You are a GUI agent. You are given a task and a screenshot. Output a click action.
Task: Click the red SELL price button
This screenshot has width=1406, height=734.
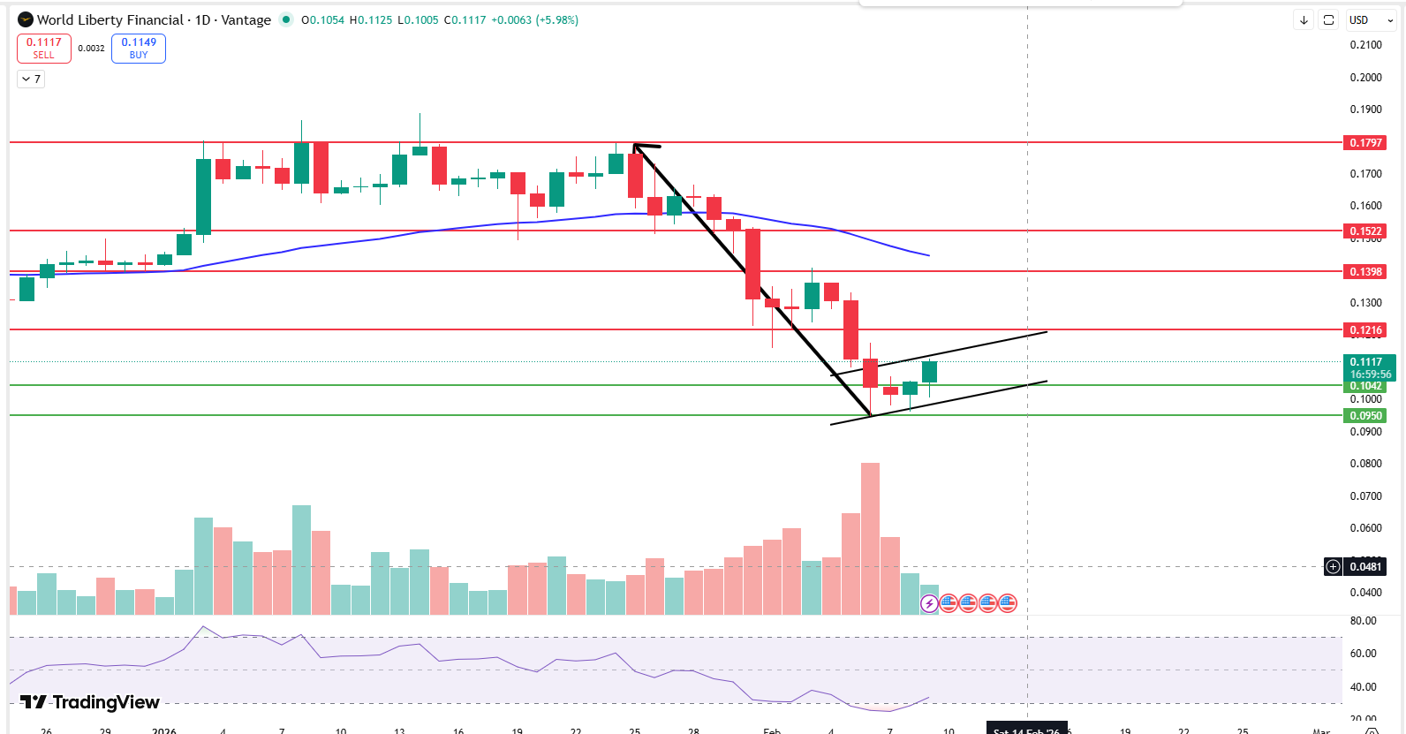tap(43, 49)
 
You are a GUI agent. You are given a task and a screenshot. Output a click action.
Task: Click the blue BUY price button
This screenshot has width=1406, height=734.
tap(139, 49)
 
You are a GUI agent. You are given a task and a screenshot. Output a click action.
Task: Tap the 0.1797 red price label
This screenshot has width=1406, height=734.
tap(1364, 143)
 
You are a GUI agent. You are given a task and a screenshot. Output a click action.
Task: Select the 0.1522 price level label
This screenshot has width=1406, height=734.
tap(1364, 231)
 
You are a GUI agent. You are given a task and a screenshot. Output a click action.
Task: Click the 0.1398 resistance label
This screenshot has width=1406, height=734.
tap(1364, 272)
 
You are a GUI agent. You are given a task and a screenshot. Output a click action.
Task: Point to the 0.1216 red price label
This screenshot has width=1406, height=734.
tap(1364, 330)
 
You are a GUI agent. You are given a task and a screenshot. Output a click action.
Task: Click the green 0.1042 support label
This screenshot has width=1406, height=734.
tap(1365, 386)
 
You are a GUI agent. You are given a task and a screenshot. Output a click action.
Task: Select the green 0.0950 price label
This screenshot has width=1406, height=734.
tap(1365, 416)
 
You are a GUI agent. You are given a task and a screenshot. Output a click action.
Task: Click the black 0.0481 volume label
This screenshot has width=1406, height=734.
tap(1365, 567)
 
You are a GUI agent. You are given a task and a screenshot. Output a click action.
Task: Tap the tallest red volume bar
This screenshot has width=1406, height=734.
tap(870, 539)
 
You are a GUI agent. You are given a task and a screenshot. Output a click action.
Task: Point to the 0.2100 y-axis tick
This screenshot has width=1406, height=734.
tap(1365, 45)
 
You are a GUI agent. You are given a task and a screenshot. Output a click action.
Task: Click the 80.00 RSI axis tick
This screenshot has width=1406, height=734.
tap(1364, 621)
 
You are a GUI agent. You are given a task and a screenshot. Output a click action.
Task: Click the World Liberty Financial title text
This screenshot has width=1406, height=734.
tap(110, 19)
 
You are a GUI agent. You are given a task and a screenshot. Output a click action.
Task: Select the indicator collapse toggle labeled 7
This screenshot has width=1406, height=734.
tap(31, 79)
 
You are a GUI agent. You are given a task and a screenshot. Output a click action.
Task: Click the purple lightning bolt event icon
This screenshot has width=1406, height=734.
tap(929, 603)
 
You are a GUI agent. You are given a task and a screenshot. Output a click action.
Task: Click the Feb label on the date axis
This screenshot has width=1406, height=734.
tap(772, 730)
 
